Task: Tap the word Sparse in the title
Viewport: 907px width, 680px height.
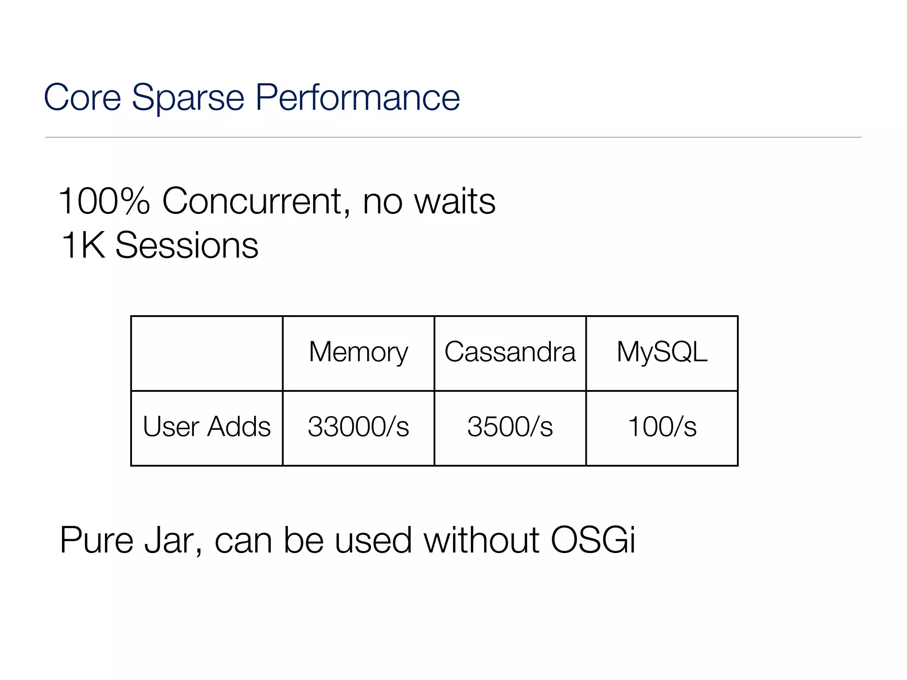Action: click(188, 98)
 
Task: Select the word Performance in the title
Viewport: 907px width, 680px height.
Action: click(357, 98)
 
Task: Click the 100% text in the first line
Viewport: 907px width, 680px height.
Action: click(105, 201)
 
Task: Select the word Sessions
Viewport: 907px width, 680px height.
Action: click(186, 246)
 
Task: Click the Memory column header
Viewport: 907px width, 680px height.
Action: click(358, 353)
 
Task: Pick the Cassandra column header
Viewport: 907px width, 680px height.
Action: click(510, 352)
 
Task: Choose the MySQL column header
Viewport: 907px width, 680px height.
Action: click(662, 353)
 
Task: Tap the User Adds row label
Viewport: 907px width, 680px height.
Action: click(206, 427)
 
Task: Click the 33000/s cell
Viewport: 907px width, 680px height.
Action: click(358, 427)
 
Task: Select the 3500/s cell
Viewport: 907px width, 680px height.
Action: click(510, 427)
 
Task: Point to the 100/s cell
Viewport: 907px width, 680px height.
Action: click(662, 427)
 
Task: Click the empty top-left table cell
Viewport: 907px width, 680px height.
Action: click(206, 353)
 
